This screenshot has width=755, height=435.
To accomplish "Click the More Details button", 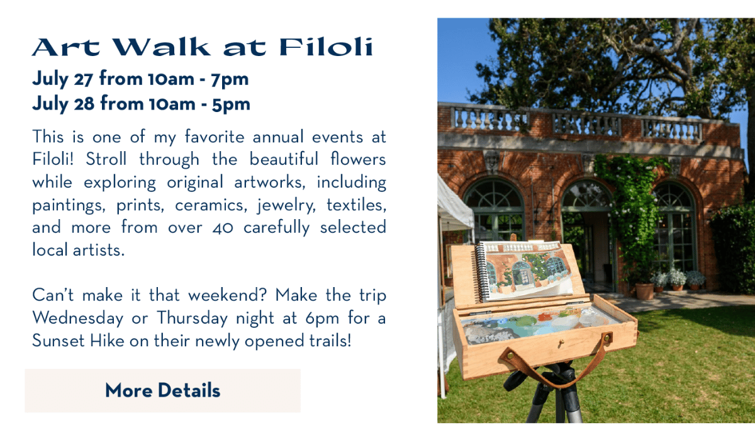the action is coord(162,390).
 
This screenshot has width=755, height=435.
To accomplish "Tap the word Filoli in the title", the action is coord(327,47).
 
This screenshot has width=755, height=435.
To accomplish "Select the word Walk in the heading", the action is coord(161,47).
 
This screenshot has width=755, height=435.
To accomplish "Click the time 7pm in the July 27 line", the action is coord(230,80).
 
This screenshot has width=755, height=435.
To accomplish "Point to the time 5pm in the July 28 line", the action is coord(231,105).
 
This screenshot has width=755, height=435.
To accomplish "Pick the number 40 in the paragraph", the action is coord(223,228).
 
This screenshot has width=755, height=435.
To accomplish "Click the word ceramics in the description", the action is coord(211,205).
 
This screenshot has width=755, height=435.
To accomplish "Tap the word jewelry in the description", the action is coord(286,206).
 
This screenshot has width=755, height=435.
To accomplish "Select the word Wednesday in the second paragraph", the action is coord(78,319).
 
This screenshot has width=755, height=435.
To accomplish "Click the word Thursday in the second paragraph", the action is coord(192,319).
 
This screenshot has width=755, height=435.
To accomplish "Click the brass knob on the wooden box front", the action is coord(561,343).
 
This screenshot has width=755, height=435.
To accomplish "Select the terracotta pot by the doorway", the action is coord(644,291).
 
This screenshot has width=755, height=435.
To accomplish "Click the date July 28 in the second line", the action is coord(64,105).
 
